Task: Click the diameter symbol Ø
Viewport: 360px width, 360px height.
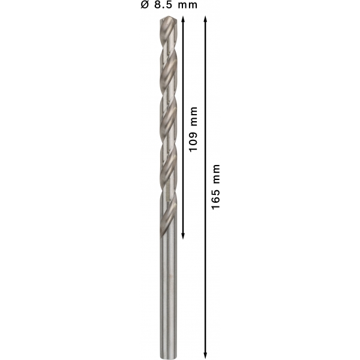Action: point(145,5)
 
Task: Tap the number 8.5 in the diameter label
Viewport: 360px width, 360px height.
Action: point(163,5)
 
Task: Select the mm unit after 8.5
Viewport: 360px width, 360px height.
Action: point(188,6)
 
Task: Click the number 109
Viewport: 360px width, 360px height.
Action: point(193,141)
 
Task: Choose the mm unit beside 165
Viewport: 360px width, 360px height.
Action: point(217,174)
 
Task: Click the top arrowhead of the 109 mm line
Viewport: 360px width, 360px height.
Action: point(183,19)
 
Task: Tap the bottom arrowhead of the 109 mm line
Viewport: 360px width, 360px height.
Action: point(183,236)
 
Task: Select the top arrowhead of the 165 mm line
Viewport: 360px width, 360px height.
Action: point(205,19)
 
